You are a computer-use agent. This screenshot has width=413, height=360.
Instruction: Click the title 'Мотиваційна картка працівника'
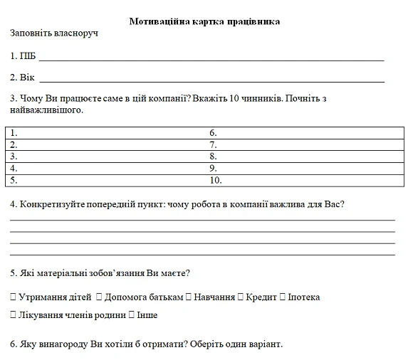click(204, 21)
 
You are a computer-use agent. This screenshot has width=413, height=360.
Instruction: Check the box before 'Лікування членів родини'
click(14, 315)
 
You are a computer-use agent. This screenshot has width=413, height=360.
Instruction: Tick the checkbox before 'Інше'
click(132, 315)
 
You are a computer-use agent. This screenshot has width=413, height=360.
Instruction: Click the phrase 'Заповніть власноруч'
click(53, 33)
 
